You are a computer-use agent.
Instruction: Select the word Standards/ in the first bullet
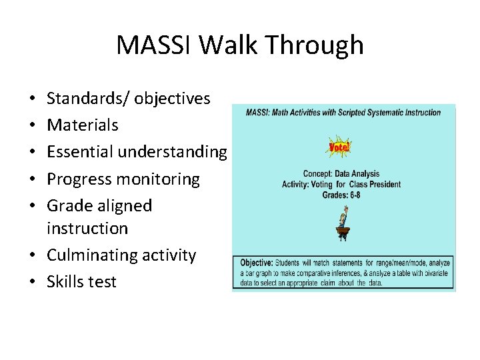tap(88, 99)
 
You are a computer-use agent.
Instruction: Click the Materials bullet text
tap(83, 125)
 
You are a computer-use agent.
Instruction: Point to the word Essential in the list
tap(80, 152)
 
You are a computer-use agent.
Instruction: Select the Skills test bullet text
tap(81, 281)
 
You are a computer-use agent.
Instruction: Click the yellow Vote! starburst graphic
tap(341, 147)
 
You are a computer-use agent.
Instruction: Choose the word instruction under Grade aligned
tap(87, 228)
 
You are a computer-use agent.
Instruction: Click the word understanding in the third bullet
tap(173, 152)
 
